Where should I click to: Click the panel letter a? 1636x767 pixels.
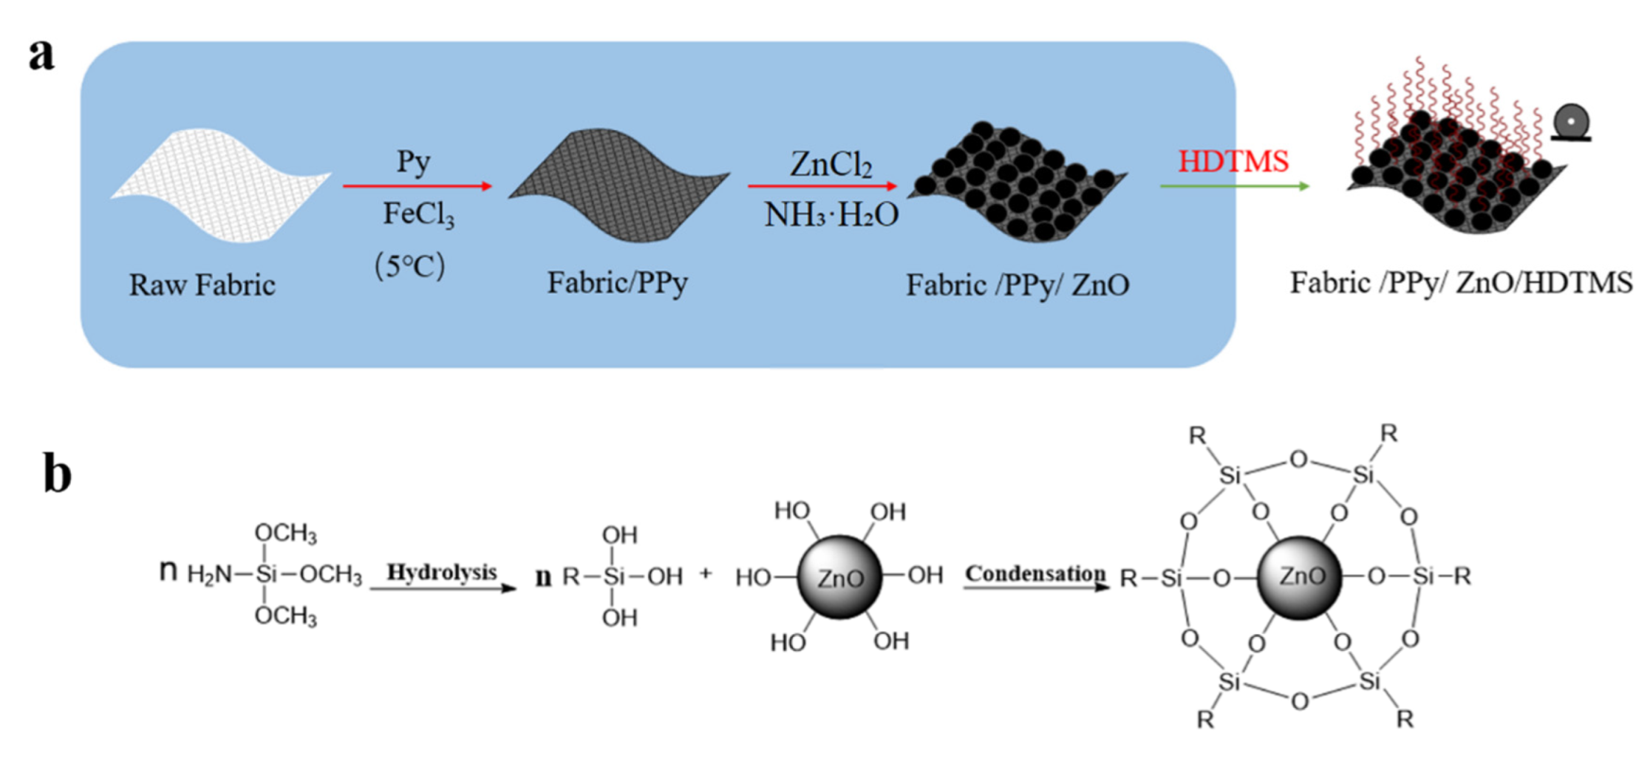click(41, 56)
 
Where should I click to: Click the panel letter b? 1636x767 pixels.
click(57, 473)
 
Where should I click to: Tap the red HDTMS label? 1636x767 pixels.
click(1233, 161)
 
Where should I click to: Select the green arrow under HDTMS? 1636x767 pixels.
click(1234, 186)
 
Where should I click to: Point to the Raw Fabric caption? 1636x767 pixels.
click(202, 285)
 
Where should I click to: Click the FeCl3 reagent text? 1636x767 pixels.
click(418, 215)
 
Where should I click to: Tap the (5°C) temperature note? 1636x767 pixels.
click(410, 266)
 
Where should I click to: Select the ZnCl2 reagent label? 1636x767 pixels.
click(831, 164)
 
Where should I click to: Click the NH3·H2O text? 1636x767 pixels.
click(831, 215)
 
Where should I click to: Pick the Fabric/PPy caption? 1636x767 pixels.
click(617, 282)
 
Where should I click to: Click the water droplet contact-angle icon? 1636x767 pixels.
click(1571, 123)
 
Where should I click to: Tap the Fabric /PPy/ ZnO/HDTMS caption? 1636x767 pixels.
click(1461, 283)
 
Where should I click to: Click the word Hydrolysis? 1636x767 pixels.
click(442, 572)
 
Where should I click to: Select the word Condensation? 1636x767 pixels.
click(1035, 573)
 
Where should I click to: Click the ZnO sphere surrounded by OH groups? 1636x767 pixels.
click(839, 577)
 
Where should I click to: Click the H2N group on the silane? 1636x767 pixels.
click(208, 574)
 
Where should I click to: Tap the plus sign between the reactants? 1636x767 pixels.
click(706, 573)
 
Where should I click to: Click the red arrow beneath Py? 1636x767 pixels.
click(417, 186)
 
